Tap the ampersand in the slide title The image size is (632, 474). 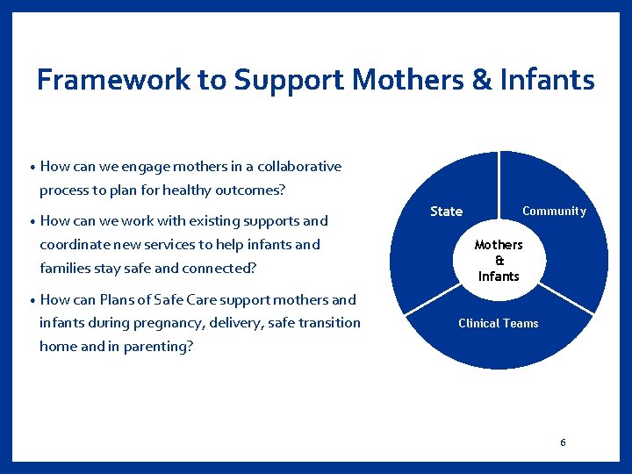point(482,80)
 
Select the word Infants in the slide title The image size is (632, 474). point(546,80)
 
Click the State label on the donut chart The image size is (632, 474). point(446,212)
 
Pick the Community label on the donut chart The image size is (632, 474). point(554,211)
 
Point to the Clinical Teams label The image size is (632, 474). point(499,324)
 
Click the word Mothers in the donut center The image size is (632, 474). point(499,245)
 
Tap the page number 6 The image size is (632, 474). point(563,442)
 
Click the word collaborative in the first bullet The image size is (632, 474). point(299,166)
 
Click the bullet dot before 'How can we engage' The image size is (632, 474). point(32,167)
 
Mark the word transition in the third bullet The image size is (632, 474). point(327,322)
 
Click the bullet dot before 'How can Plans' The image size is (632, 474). point(32,300)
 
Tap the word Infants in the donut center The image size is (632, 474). point(499,276)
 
